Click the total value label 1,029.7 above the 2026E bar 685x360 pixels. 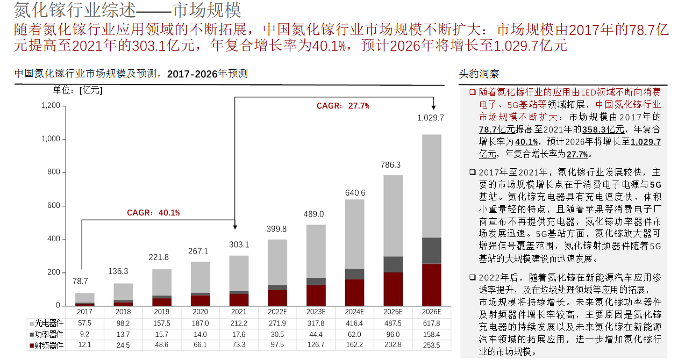(x=431, y=118)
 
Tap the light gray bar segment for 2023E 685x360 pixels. (x=316, y=251)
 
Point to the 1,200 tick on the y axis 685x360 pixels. (x=50, y=106)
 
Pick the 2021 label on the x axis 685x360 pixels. (x=239, y=312)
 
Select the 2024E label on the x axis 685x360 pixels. (x=354, y=312)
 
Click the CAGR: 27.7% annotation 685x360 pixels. (x=342, y=106)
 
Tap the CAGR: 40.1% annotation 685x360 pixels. (x=153, y=213)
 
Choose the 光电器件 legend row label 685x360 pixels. (x=49, y=323)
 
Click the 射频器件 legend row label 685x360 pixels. (x=49, y=345)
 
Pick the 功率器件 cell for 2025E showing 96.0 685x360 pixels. (x=393, y=334)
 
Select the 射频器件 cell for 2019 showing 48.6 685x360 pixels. (x=161, y=345)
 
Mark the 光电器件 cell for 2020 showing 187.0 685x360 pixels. (x=200, y=323)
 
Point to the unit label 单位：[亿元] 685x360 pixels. (x=77, y=90)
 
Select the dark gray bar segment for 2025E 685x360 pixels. (x=393, y=264)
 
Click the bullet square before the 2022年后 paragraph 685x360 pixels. (x=472, y=278)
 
